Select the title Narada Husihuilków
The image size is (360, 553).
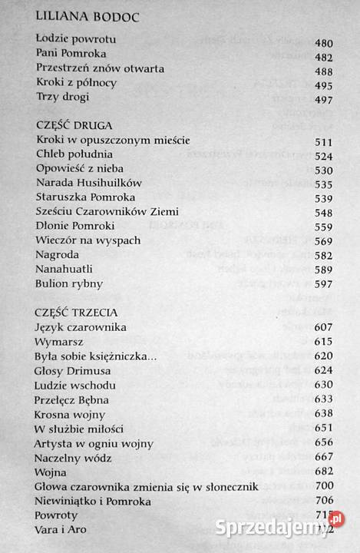click(84, 184)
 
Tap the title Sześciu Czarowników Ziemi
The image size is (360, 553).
click(101, 212)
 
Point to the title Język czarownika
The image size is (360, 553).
click(81, 327)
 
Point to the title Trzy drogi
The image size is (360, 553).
click(62, 97)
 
